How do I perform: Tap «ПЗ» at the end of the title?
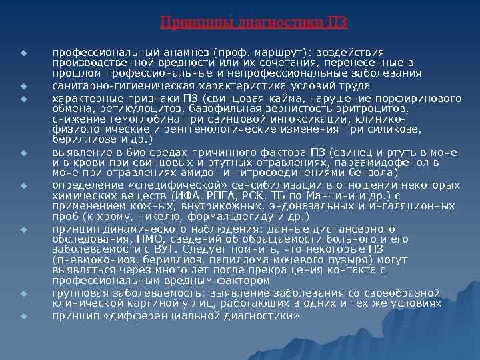(337, 23)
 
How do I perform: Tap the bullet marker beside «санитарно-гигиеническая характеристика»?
(22, 86)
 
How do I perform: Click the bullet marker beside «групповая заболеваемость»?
(22, 294)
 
